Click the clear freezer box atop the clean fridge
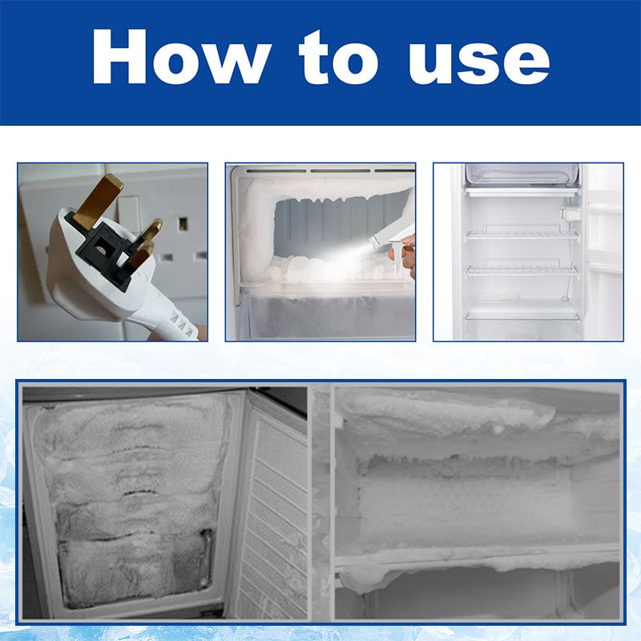click(521, 175)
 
